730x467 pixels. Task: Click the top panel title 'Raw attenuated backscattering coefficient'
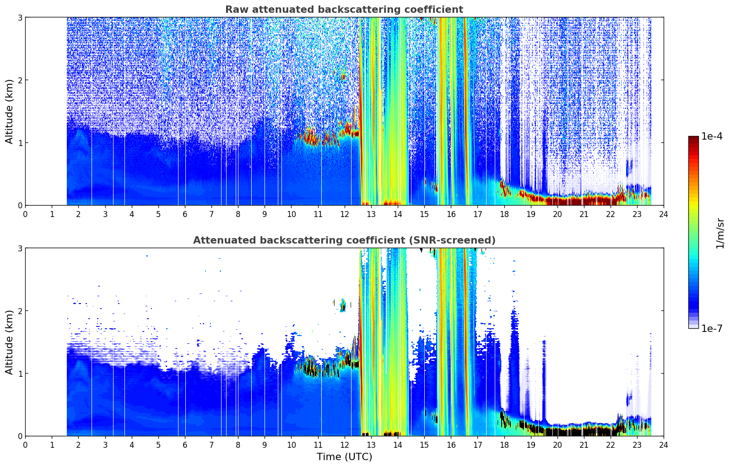344,10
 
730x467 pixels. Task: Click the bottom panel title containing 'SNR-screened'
344,240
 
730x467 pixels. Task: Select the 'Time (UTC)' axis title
344,457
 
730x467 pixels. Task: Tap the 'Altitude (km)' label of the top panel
9,112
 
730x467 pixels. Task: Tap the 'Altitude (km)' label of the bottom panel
9,342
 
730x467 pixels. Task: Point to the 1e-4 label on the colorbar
712,136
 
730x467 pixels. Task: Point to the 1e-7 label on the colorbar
712,328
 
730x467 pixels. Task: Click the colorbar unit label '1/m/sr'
720,233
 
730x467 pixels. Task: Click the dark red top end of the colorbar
693,138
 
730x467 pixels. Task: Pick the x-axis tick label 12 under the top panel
345,214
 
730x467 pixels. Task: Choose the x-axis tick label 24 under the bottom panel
664,445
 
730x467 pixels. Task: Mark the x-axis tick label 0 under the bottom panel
26,445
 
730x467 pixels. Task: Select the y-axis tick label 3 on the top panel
20,17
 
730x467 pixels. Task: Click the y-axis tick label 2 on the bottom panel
20,311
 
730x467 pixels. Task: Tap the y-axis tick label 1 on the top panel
20,143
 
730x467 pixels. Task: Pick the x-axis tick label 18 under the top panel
504,214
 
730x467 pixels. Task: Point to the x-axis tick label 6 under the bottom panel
185,445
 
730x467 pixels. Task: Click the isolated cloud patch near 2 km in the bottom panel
342,305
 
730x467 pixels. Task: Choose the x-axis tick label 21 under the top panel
584,214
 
